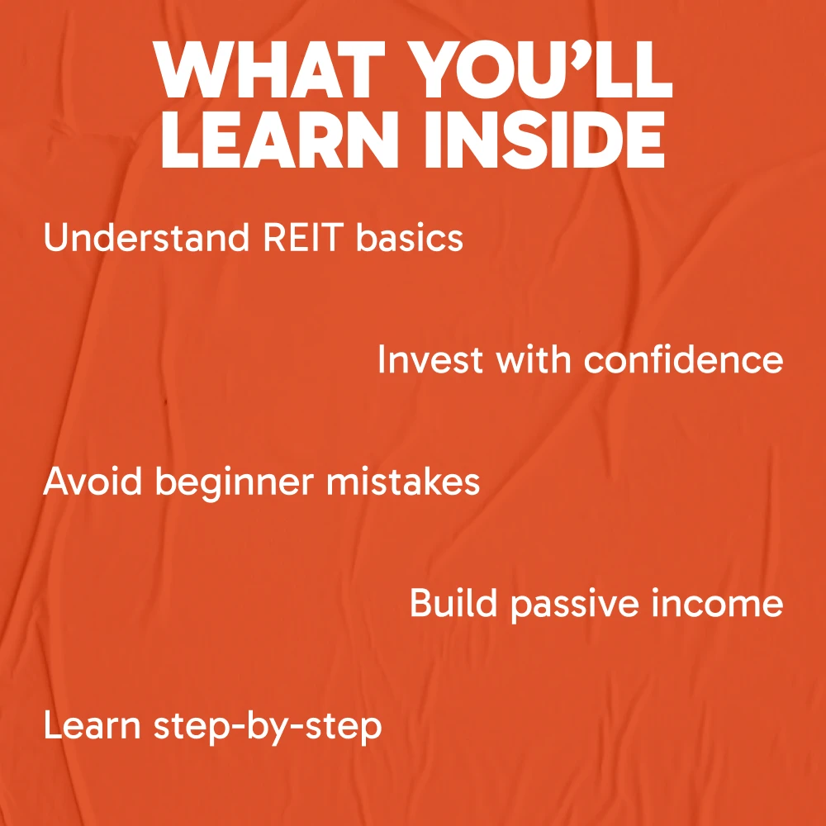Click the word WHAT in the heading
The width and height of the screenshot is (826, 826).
pos(269,69)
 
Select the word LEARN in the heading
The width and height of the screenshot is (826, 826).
pos(278,139)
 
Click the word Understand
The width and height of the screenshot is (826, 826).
pos(146,238)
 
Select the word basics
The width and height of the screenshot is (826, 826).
pos(410,238)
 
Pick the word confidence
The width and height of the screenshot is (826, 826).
pos(683,359)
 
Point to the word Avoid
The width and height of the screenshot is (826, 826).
pos(93,482)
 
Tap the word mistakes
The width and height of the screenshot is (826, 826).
pos(403,482)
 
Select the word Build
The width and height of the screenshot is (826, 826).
pos(453,603)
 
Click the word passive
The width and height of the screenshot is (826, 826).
pos(574,606)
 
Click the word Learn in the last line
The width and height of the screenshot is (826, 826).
pos(93,725)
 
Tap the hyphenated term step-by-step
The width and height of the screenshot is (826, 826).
pos(268,728)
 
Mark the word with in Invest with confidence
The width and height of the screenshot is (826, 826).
pos(533,359)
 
